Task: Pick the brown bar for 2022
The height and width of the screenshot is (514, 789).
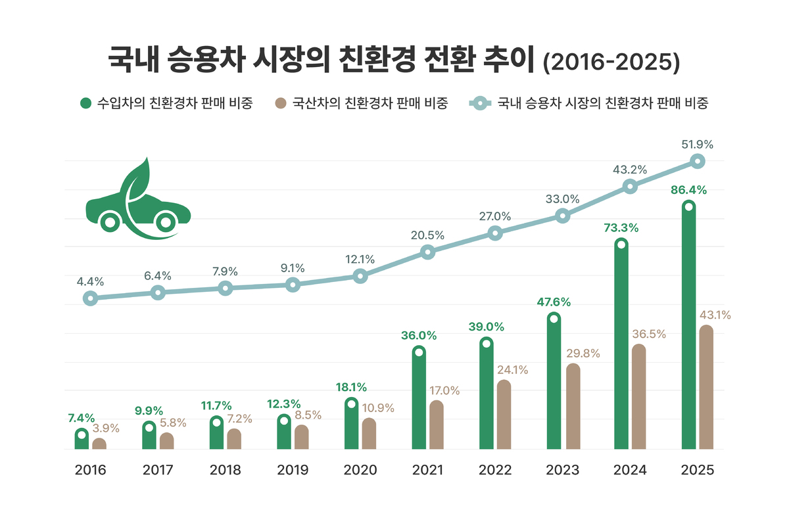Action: click(x=504, y=415)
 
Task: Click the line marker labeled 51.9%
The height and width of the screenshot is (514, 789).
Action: click(x=697, y=161)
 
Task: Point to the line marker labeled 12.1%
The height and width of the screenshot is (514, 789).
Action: click(x=360, y=276)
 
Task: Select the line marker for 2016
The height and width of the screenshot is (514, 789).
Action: click(x=91, y=298)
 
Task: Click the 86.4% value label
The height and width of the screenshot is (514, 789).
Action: click(x=688, y=190)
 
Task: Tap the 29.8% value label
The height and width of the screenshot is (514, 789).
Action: click(x=583, y=353)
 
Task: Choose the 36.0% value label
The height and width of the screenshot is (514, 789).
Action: click(x=419, y=335)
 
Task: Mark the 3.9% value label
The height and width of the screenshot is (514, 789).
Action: click(x=105, y=428)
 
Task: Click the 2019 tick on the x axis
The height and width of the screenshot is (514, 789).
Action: click(x=293, y=470)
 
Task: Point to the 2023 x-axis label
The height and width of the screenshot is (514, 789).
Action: click(x=562, y=470)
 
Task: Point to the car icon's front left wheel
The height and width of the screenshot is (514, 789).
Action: click(x=110, y=222)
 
